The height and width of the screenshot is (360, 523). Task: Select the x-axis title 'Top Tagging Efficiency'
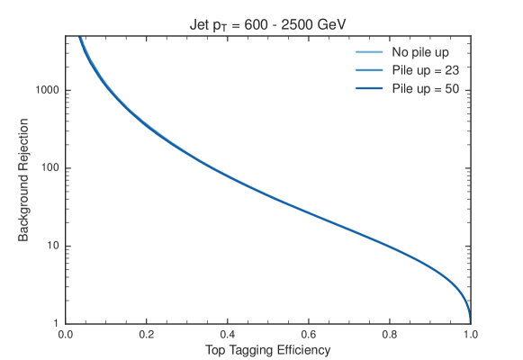267,348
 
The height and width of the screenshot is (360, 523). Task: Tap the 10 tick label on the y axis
52,246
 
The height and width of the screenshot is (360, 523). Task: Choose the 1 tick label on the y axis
56,322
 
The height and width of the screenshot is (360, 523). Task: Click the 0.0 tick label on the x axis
66,332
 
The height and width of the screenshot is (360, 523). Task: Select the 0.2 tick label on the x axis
147,332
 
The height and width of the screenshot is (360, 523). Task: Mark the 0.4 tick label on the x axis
228,332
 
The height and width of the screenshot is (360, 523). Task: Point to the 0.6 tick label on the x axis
308,332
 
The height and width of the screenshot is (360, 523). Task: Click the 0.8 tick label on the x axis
389,332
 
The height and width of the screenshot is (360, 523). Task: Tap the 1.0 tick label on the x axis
469,332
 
